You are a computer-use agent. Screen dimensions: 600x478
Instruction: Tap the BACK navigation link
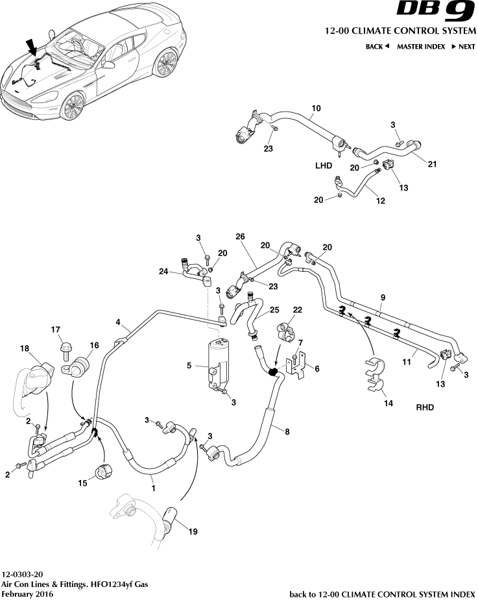377,47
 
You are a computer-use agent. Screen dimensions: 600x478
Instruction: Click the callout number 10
317,108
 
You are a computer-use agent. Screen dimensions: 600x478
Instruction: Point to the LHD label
324,166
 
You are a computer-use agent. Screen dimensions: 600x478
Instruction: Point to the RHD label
424,408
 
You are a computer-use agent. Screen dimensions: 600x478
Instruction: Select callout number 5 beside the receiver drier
189,366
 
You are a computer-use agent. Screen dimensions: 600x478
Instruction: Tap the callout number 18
25,349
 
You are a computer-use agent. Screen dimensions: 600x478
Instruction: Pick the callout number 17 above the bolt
56,330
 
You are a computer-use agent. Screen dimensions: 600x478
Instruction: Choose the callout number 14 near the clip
388,403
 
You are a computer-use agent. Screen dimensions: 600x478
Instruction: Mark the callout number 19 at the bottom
193,532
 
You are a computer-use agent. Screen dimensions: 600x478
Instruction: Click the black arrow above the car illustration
31,47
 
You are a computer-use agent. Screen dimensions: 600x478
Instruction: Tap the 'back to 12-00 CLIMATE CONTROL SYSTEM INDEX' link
382,594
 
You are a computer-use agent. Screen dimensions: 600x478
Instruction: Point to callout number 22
298,310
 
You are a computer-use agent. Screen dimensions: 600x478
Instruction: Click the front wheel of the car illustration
73,106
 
